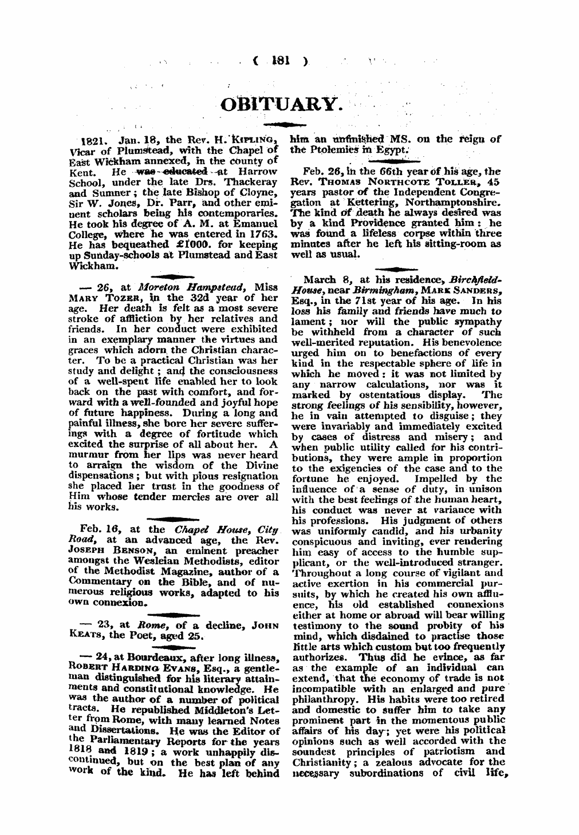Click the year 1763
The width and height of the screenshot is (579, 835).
coord(263,234)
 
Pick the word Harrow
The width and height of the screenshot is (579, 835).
coord(257,171)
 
